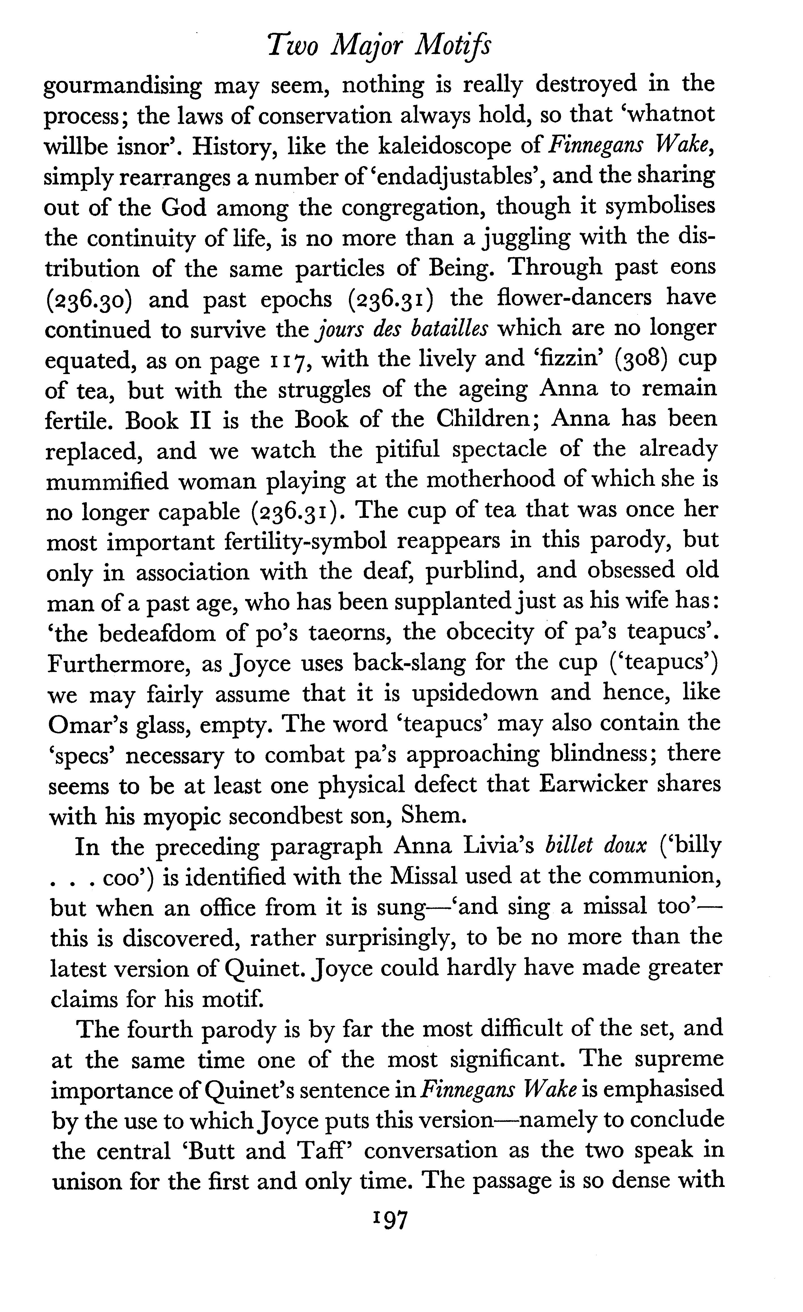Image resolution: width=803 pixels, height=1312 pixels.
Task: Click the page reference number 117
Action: point(288,360)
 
